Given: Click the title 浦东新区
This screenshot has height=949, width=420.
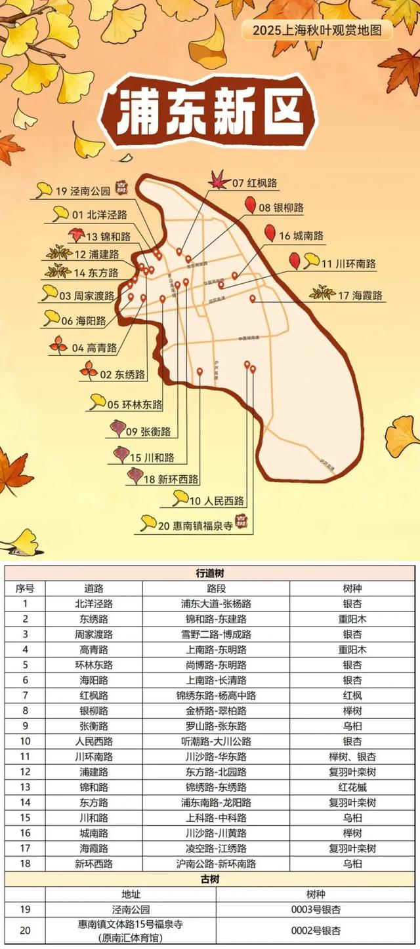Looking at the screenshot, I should point(209,111).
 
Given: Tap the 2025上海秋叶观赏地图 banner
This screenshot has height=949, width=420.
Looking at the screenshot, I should point(316,29).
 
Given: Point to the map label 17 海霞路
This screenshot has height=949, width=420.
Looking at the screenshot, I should point(360,296).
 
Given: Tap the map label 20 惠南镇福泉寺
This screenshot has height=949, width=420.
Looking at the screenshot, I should point(195,525).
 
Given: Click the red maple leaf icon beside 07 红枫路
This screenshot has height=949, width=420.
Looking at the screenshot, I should point(217,179).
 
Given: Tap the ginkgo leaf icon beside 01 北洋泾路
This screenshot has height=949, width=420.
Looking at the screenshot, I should point(60,212).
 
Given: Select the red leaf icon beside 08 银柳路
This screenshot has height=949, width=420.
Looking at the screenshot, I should point(249,206).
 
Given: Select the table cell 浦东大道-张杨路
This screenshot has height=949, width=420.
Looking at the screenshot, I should point(216,604).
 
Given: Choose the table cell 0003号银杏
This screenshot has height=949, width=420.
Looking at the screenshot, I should point(316,909).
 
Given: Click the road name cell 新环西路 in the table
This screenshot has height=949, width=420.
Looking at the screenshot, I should point(94,864).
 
